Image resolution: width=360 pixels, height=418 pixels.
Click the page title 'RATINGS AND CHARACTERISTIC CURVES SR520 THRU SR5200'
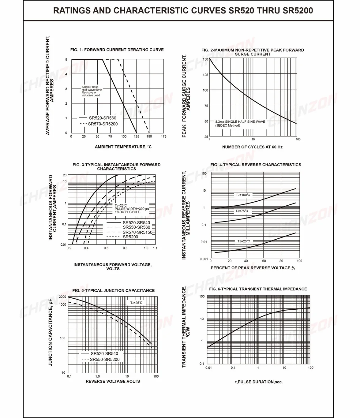click(183, 10)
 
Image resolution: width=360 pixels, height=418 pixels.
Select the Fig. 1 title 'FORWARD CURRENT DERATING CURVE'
click(124, 50)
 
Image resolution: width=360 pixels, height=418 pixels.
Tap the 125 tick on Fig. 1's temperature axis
click(137, 136)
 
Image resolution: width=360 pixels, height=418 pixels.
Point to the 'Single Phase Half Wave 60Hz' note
click(92, 88)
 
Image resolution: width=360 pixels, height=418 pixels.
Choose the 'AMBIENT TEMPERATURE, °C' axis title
click(123, 147)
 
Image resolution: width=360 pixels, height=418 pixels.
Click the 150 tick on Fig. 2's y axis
click(205, 59)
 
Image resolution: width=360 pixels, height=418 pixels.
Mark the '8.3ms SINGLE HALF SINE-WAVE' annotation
click(240, 122)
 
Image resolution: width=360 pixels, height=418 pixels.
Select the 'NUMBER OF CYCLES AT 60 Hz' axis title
click(252, 147)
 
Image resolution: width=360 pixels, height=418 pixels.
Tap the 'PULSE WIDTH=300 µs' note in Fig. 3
click(132, 209)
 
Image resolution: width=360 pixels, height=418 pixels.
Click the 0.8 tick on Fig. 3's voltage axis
click(125, 248)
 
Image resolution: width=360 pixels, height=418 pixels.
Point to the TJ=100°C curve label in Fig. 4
click(243, 195)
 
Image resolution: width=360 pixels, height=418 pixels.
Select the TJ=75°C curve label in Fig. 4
click(242, 211)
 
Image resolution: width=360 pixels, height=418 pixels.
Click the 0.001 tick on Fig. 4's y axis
click(204, 259)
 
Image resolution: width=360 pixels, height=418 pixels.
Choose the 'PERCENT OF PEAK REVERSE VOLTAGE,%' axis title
click(253, 268)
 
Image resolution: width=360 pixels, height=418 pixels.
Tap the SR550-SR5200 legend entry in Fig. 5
click(101, 359)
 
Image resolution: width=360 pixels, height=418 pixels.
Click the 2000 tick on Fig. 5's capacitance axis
click(62, 297)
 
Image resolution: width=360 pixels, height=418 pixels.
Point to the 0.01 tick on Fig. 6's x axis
click(208, 368)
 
